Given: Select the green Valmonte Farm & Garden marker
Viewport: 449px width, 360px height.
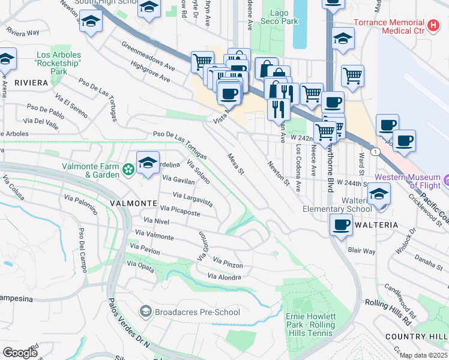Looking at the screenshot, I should coord(128,170).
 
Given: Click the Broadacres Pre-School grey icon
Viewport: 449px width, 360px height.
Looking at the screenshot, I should coord(145,311).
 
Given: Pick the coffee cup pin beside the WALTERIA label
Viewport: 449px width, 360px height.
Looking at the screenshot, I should coord(341,226).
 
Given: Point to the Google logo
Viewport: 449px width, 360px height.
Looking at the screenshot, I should coord(20,353).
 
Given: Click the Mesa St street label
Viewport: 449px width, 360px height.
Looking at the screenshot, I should coord(235,164).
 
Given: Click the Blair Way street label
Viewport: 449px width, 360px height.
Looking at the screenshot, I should coord(361,251).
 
